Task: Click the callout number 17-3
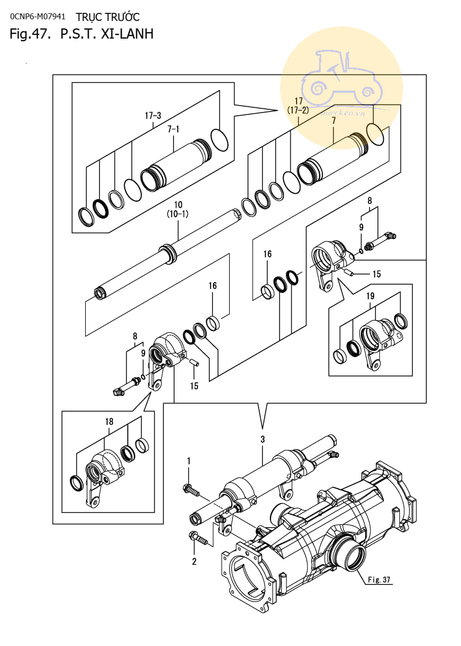pos(153,116)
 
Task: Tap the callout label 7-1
pos(173,129)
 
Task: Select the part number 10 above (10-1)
pos(178,204)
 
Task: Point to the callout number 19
pos(371,296)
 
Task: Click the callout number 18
pos(109,421)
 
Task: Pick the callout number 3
pos(262,439)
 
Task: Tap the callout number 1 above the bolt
pos(189,461)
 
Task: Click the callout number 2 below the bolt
pos(194,561)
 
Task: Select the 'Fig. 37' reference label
pos(379,580)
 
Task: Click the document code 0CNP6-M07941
pos(37,17)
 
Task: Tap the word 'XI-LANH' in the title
pos(127,34)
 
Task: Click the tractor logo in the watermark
pos(342,78)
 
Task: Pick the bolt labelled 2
pos(198,538)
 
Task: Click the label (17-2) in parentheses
pos(298,110)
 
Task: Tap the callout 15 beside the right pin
pos(376,274)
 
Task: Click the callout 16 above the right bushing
pos(267,254)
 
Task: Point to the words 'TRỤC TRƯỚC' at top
pos(108,17)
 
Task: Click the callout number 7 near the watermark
pos(334,121)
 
